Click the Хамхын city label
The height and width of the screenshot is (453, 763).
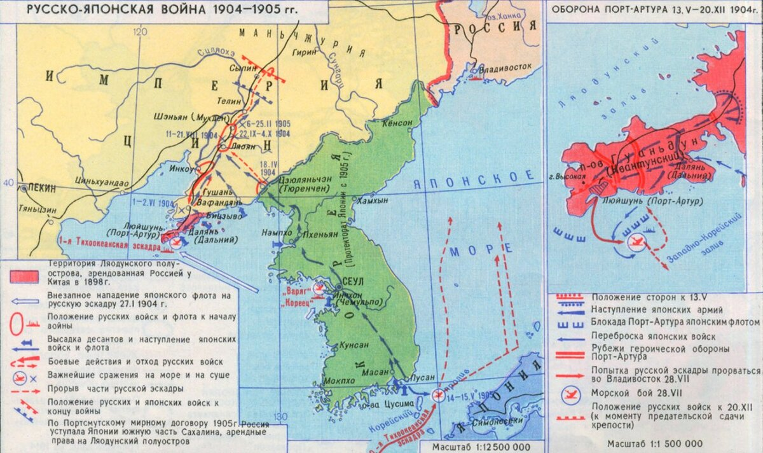point(373,200)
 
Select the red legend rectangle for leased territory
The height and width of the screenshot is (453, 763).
point(25,275)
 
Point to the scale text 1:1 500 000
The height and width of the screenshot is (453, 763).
point(655,443)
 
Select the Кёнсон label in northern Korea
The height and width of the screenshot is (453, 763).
point(397,125)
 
